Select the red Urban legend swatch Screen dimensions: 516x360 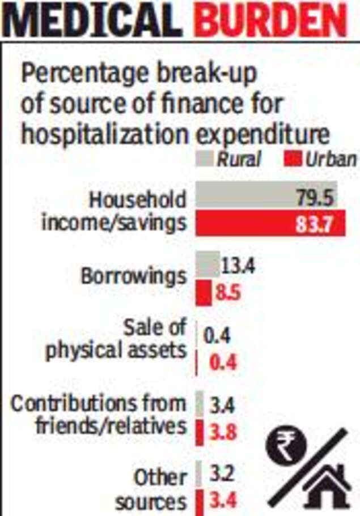click(x=293, y=159)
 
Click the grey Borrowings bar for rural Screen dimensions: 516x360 click(x=207, y=264)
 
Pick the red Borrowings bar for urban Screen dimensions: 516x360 click(x=202, y=293)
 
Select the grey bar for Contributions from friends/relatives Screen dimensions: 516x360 click(x=200, y=404)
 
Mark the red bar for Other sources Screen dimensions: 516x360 click(x=199, y=501)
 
